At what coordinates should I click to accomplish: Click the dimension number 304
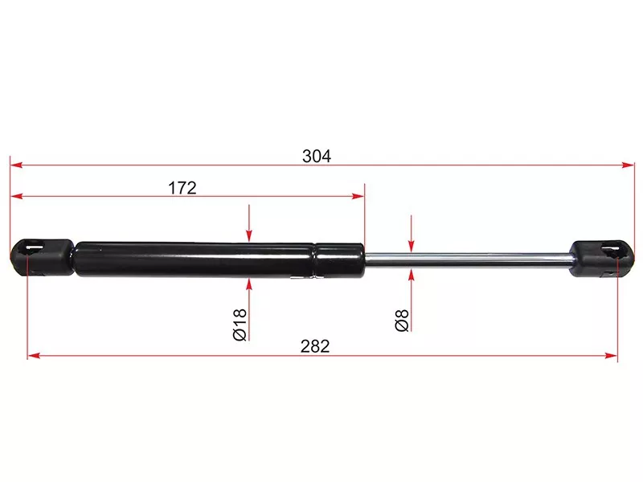coord(316,156)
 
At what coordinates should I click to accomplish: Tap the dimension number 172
coord(182,188)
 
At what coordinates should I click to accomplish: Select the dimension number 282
coord(315,346)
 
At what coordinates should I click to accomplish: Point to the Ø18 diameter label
coord(240,325)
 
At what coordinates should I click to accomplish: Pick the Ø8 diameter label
coord(402,321)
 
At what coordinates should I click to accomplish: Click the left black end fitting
coord(43,257)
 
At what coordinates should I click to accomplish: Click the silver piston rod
coord(468,259)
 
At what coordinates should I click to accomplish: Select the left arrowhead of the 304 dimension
coord(16,165)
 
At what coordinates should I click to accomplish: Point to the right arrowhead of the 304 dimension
coord(629,165)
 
